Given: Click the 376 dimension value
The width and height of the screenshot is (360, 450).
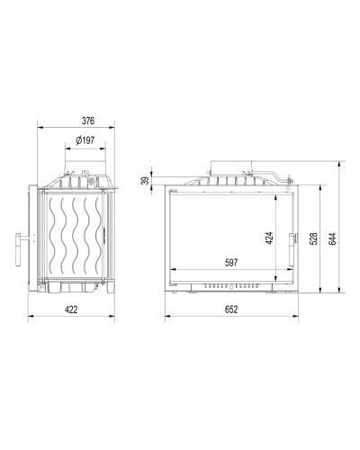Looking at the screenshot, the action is click(88, 121).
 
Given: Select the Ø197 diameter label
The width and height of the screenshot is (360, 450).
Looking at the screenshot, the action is click(85, 140).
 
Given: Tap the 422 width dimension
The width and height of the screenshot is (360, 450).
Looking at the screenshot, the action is click(71, 310).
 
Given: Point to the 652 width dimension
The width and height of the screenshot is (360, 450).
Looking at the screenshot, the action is click(231, 310).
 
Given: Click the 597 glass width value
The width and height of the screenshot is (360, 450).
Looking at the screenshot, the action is click(231, 263).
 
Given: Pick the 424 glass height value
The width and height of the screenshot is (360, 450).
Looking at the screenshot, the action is click(269, 238).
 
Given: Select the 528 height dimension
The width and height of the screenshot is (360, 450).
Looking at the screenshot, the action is click(313, 238).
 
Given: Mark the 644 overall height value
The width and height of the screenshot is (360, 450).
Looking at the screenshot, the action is click(332, 238).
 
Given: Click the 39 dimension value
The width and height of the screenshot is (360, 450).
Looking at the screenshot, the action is click(145, 181).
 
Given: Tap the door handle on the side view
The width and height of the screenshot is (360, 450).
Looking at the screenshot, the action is click(19, 249).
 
